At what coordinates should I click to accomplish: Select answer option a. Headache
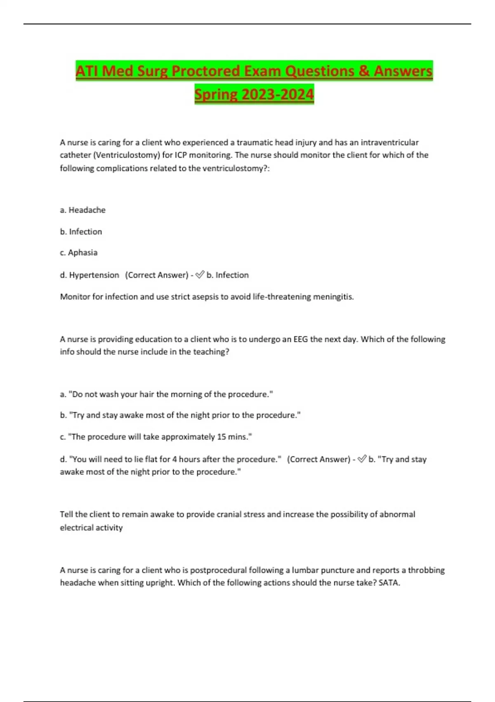83,210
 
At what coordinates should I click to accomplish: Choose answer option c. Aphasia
79,253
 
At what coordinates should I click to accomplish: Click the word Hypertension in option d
94,275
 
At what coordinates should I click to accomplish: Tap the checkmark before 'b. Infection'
200,275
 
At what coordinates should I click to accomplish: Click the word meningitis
333,296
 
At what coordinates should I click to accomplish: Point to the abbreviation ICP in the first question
181,155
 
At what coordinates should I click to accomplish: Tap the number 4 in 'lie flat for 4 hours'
174,459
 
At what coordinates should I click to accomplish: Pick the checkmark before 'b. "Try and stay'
362,459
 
